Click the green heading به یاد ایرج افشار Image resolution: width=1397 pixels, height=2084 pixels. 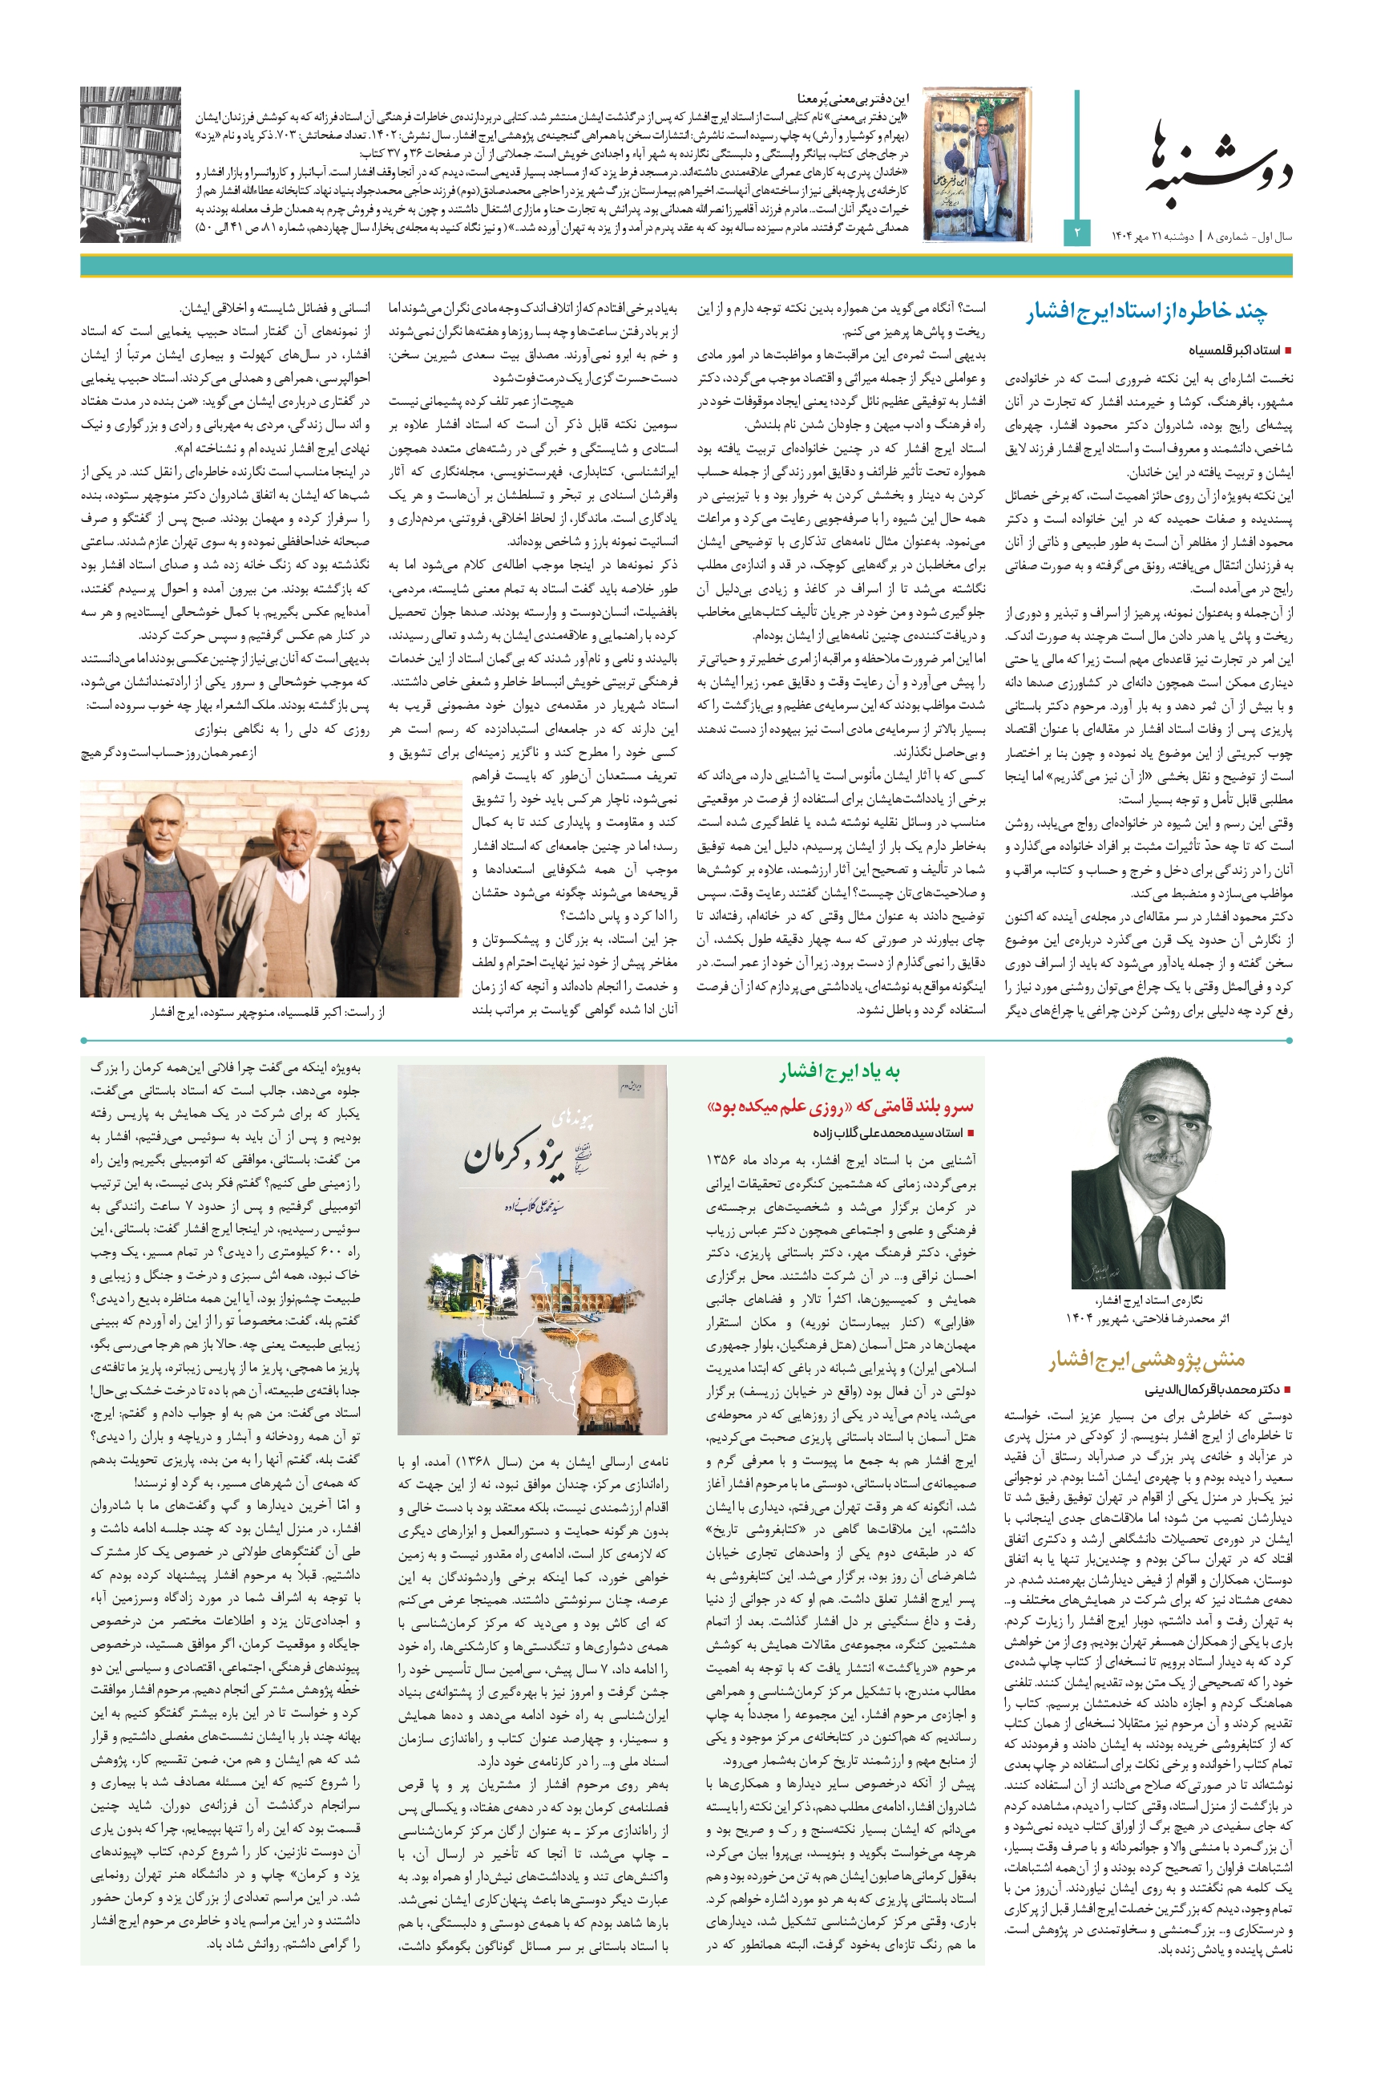839,1071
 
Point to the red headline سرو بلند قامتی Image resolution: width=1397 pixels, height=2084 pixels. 839,1107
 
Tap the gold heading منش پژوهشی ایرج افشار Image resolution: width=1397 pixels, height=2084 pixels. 1146,1360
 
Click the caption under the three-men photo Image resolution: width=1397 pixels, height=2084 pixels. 267,1013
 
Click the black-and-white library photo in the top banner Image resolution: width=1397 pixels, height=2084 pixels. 130,165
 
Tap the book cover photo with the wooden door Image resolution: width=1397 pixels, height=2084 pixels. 977,165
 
